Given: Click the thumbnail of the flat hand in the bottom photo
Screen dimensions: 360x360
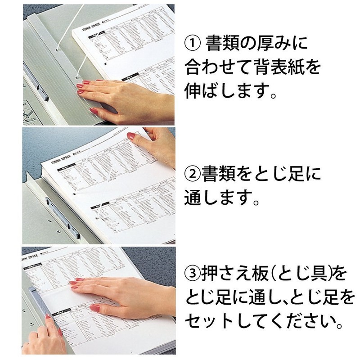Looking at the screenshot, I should (x=95, y=308).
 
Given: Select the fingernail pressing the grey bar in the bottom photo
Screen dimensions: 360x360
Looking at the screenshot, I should (x=58, y=333).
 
